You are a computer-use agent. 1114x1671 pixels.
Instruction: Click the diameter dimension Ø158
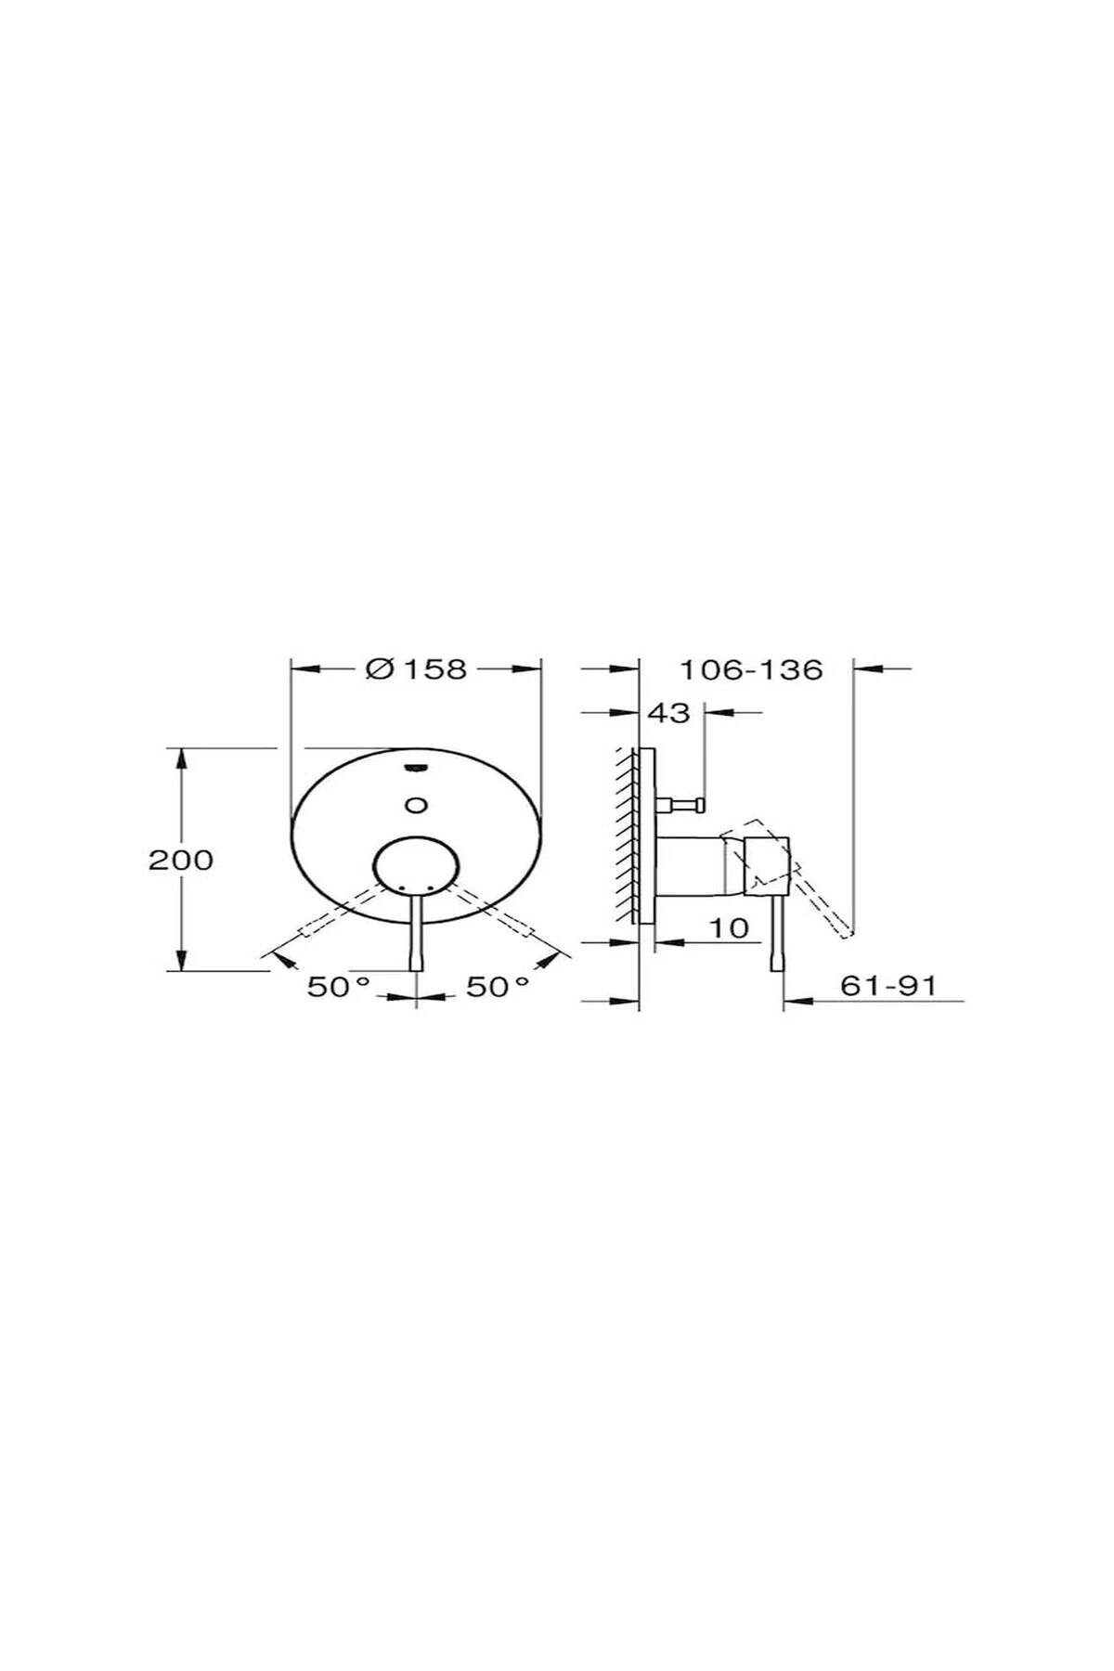[x=417, y=668]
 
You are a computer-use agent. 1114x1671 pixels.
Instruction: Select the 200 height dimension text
[x=181, y=860]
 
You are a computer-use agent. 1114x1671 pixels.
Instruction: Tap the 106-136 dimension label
[x=751, y=669]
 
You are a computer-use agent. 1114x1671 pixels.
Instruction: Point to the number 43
[x=668, y=713]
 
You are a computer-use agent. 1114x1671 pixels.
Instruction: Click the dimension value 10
[x=732, y=927]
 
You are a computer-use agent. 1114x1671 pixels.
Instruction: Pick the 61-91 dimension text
[x=887, y=985]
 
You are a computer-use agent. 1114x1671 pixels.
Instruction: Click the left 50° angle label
[x=339, y=987]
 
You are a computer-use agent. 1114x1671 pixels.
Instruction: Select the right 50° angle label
[x=498, y=987]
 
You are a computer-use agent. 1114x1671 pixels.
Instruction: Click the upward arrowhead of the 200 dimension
[x=182, y=758]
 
